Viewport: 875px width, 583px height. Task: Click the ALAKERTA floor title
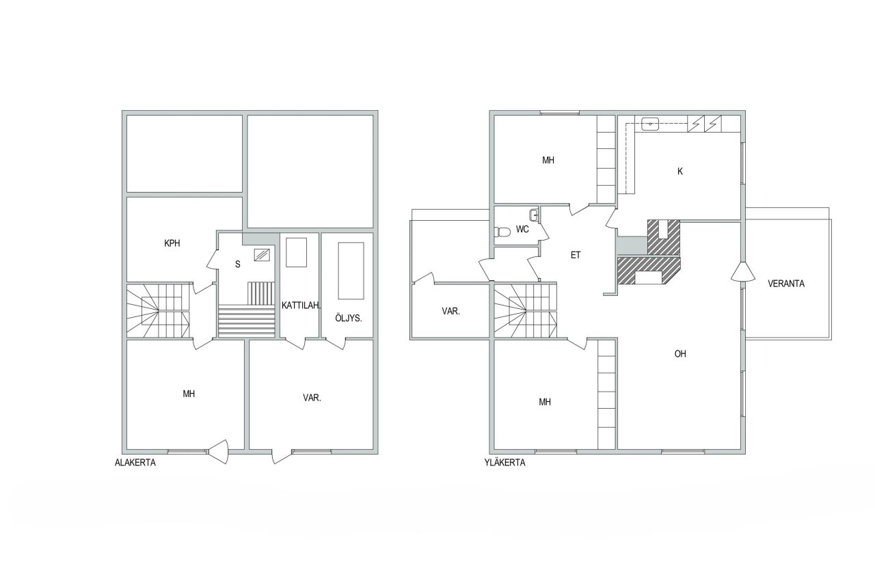click(x=135, y=463)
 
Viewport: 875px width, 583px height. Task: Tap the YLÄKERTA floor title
click(x=503, y=463)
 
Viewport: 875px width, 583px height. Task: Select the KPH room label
click(x=172, y=243)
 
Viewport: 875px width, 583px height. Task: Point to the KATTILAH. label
click(x=301, y=306)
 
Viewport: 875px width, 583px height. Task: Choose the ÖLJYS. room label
click(x=349, y=318)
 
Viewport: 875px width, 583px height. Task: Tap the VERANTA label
click(x=786, y=284)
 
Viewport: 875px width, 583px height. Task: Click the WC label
click(x=523, y=230)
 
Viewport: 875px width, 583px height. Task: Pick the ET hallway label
click(x=576, y=255)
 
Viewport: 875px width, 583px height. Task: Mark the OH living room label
click(x=680, y=354)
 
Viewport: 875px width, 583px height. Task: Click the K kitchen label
click(x=680, y=172)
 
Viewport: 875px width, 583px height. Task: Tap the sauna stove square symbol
click(x=261, y=255)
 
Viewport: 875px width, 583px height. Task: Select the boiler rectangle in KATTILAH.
click(x=296, y=252)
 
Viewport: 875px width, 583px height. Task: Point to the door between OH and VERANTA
click(x=742, y=271)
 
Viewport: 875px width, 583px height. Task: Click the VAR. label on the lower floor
click(x=312, y=397)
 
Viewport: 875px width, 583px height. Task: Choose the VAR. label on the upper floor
click(x=450, y=311)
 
